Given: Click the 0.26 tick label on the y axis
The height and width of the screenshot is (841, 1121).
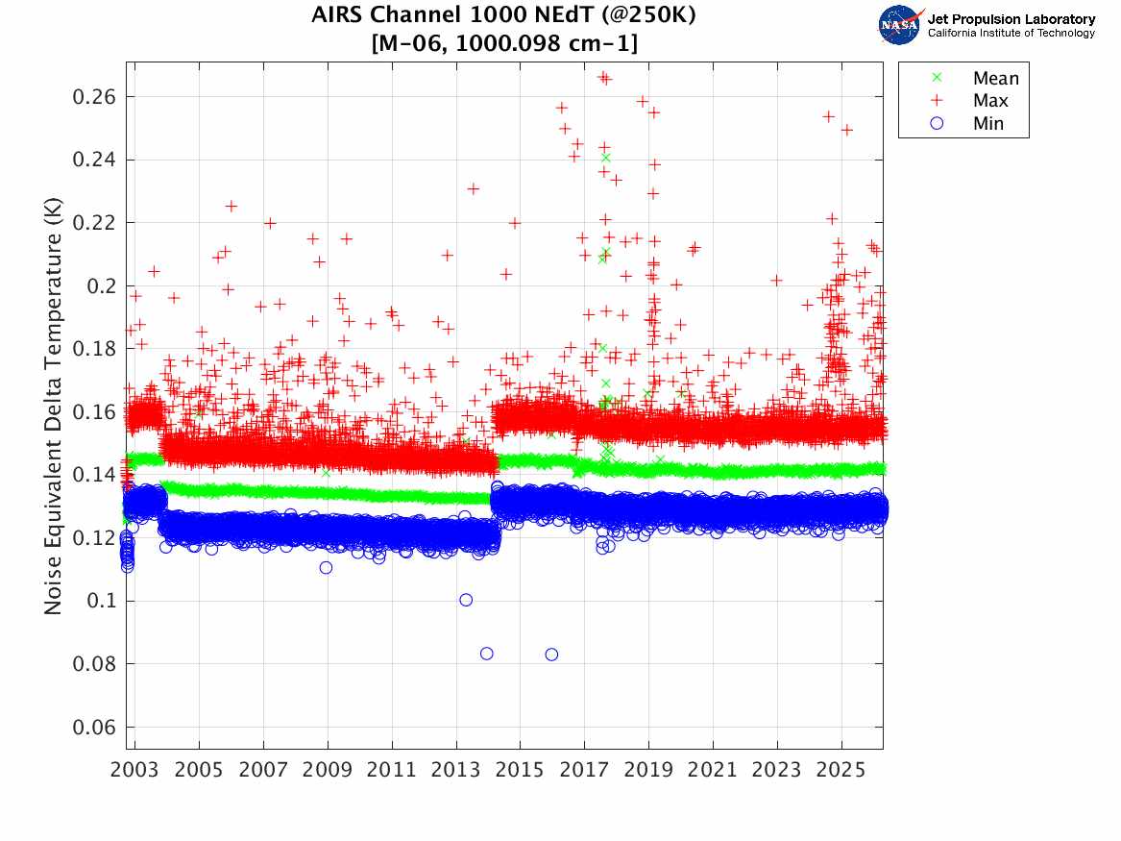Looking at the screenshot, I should pyautogui.click(x=94, y=97).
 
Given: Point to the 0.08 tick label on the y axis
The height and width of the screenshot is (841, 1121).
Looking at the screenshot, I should pyautogui.click(x=94, y=664).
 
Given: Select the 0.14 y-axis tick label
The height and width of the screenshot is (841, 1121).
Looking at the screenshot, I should pyautogui.click(x=94, y=475).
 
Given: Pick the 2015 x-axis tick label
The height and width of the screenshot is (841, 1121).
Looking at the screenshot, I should pyautogui.click(x=520, y=771).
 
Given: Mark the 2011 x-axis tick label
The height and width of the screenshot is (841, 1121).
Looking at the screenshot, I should pyautogui.click(x=392, y=771).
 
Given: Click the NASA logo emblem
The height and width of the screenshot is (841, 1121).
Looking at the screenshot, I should pyautogui.click(x=900, y=25).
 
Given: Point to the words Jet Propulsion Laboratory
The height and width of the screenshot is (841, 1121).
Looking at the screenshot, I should pyautogui.click(x=1011, y=19).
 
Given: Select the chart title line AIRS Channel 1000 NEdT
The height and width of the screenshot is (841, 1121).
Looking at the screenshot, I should pyautogui.click(x=504, y=16).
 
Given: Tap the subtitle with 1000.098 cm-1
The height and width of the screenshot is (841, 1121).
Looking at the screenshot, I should pyautogui.click(x=504, y=43).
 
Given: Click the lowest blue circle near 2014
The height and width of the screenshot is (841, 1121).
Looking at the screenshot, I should pyautogui.click(x=487, y=654).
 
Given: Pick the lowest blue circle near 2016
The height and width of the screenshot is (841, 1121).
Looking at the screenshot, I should pyautogui.click(x=551, y=655).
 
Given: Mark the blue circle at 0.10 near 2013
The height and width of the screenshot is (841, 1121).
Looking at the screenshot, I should pyautogui.click(x=466, y=600).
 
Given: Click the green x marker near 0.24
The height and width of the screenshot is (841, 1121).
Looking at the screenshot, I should pyautogui.click(x=605, y=158).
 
